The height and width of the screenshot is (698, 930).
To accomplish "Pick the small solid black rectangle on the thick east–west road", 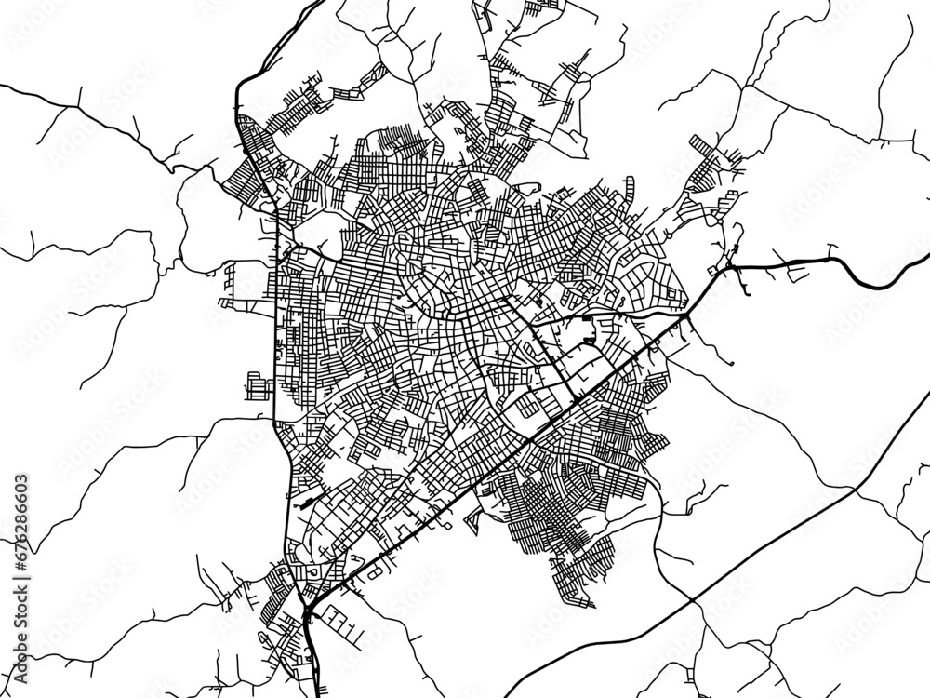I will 587,320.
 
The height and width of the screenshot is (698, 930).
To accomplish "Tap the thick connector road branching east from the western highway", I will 312,251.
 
